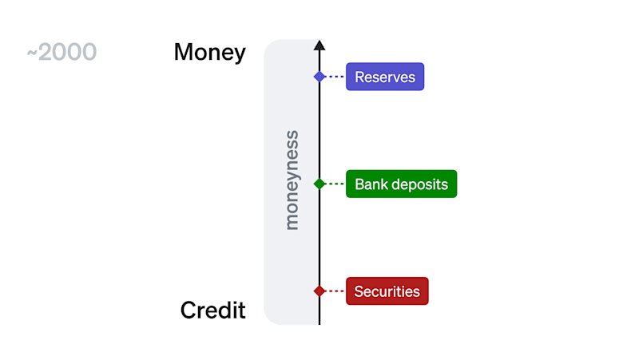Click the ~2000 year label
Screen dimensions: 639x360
point(62,52)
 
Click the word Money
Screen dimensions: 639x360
point(210,53)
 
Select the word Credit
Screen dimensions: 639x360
point(212,310)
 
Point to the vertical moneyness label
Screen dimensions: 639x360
point(292,180)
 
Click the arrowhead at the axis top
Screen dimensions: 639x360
point(319,45)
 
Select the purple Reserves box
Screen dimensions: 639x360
point(385,77)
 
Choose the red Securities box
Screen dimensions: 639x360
point(387,291)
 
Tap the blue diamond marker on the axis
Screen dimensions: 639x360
point(319,77)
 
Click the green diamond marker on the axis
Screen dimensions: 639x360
point(319,184)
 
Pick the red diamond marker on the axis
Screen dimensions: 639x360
point(319,291)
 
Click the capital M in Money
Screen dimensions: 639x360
point(184,52)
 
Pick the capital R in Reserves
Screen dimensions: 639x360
point(359,77)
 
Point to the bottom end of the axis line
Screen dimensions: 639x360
point(319,325)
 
